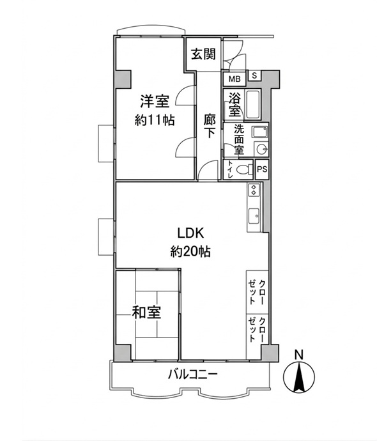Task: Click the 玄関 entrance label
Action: (204, 54)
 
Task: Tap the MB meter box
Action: (235, 79)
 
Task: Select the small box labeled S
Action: (254, 75)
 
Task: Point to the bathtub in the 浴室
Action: (253, 105)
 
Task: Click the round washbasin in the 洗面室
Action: (261, 148)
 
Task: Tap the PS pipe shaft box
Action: (262, 169)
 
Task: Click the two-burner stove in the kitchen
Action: (254, 190)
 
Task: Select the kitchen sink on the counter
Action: (254, 216)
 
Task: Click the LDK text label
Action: (190, 233)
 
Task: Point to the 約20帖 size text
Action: (190, 251)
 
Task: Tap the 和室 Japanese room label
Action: (146, 313)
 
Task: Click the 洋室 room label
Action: (155, 102)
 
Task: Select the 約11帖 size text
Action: (155, 120)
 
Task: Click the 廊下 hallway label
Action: (210, 126)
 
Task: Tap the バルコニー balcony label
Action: (192, 375)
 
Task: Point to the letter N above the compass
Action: (299, 355)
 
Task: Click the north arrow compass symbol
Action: (299, 378)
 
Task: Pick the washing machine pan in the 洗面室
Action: (260, 132)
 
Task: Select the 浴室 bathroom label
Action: (235, 105)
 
